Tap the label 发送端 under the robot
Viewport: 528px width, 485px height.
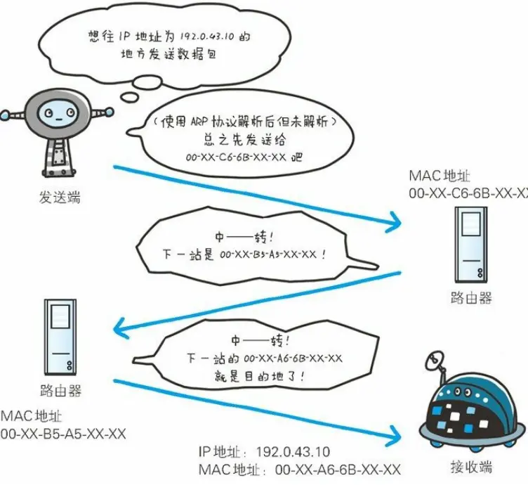point(59,198)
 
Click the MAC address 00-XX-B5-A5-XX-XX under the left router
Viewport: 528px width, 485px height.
point(63,434)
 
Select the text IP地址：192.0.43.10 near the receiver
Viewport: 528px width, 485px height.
point(263,452)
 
